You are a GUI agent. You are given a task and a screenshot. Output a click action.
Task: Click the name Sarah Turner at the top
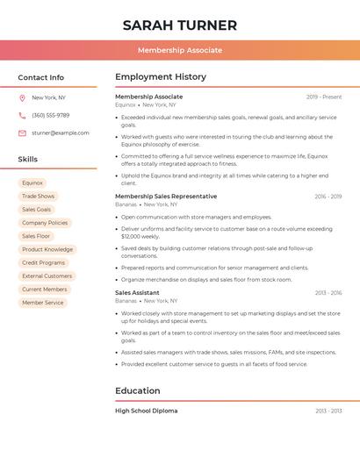[180, 25]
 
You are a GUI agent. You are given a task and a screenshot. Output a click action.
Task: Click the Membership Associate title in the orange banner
[180, 51]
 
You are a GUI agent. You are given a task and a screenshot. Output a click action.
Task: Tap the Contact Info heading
[40, 77]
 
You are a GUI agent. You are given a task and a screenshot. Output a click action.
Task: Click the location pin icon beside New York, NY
[22, 97]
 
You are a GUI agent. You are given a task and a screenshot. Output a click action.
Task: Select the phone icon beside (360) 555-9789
[22, 115]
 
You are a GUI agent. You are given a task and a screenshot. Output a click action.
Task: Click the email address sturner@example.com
[61, 132]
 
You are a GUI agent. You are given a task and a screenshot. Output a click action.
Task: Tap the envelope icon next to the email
[22, 132]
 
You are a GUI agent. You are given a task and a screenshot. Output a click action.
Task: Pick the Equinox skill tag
[32, 183]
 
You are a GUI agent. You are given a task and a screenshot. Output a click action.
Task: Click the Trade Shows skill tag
[38, 197]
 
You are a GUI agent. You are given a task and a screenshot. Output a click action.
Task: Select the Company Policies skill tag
[45, 223]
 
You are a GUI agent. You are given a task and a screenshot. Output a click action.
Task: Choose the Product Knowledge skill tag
[47, 249]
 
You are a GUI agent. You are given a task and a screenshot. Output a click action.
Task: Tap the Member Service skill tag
[43, 303]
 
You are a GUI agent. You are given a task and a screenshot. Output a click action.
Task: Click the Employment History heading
[161, 77]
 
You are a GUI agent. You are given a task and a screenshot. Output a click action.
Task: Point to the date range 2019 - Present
[324, 97]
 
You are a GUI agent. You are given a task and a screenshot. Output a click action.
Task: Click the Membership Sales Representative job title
[166, 197]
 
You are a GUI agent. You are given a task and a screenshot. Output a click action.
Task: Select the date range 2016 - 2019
[328, 197]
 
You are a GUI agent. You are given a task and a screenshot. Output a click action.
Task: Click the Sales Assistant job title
[137, 292]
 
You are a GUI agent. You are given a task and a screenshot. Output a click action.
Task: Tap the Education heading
[138, 390]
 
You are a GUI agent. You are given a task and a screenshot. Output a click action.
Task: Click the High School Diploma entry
[146, 411]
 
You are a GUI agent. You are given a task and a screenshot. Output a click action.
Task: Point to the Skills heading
[28, 159]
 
